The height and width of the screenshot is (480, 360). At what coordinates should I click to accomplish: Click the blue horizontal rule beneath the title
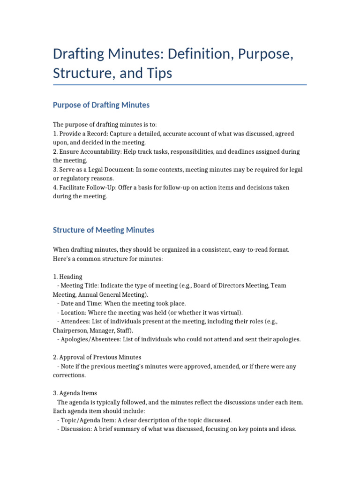tap(180, 85)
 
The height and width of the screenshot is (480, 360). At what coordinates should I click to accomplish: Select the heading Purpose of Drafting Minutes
tap(101, 105)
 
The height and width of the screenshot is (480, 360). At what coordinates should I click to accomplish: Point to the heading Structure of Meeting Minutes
tap(103, 230)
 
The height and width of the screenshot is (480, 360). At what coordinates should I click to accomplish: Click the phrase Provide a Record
tap(83, 134)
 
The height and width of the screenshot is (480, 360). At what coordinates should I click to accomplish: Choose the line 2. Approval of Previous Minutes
tap(97, 357)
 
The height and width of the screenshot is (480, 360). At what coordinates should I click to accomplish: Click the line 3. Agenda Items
tap(75, 393)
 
